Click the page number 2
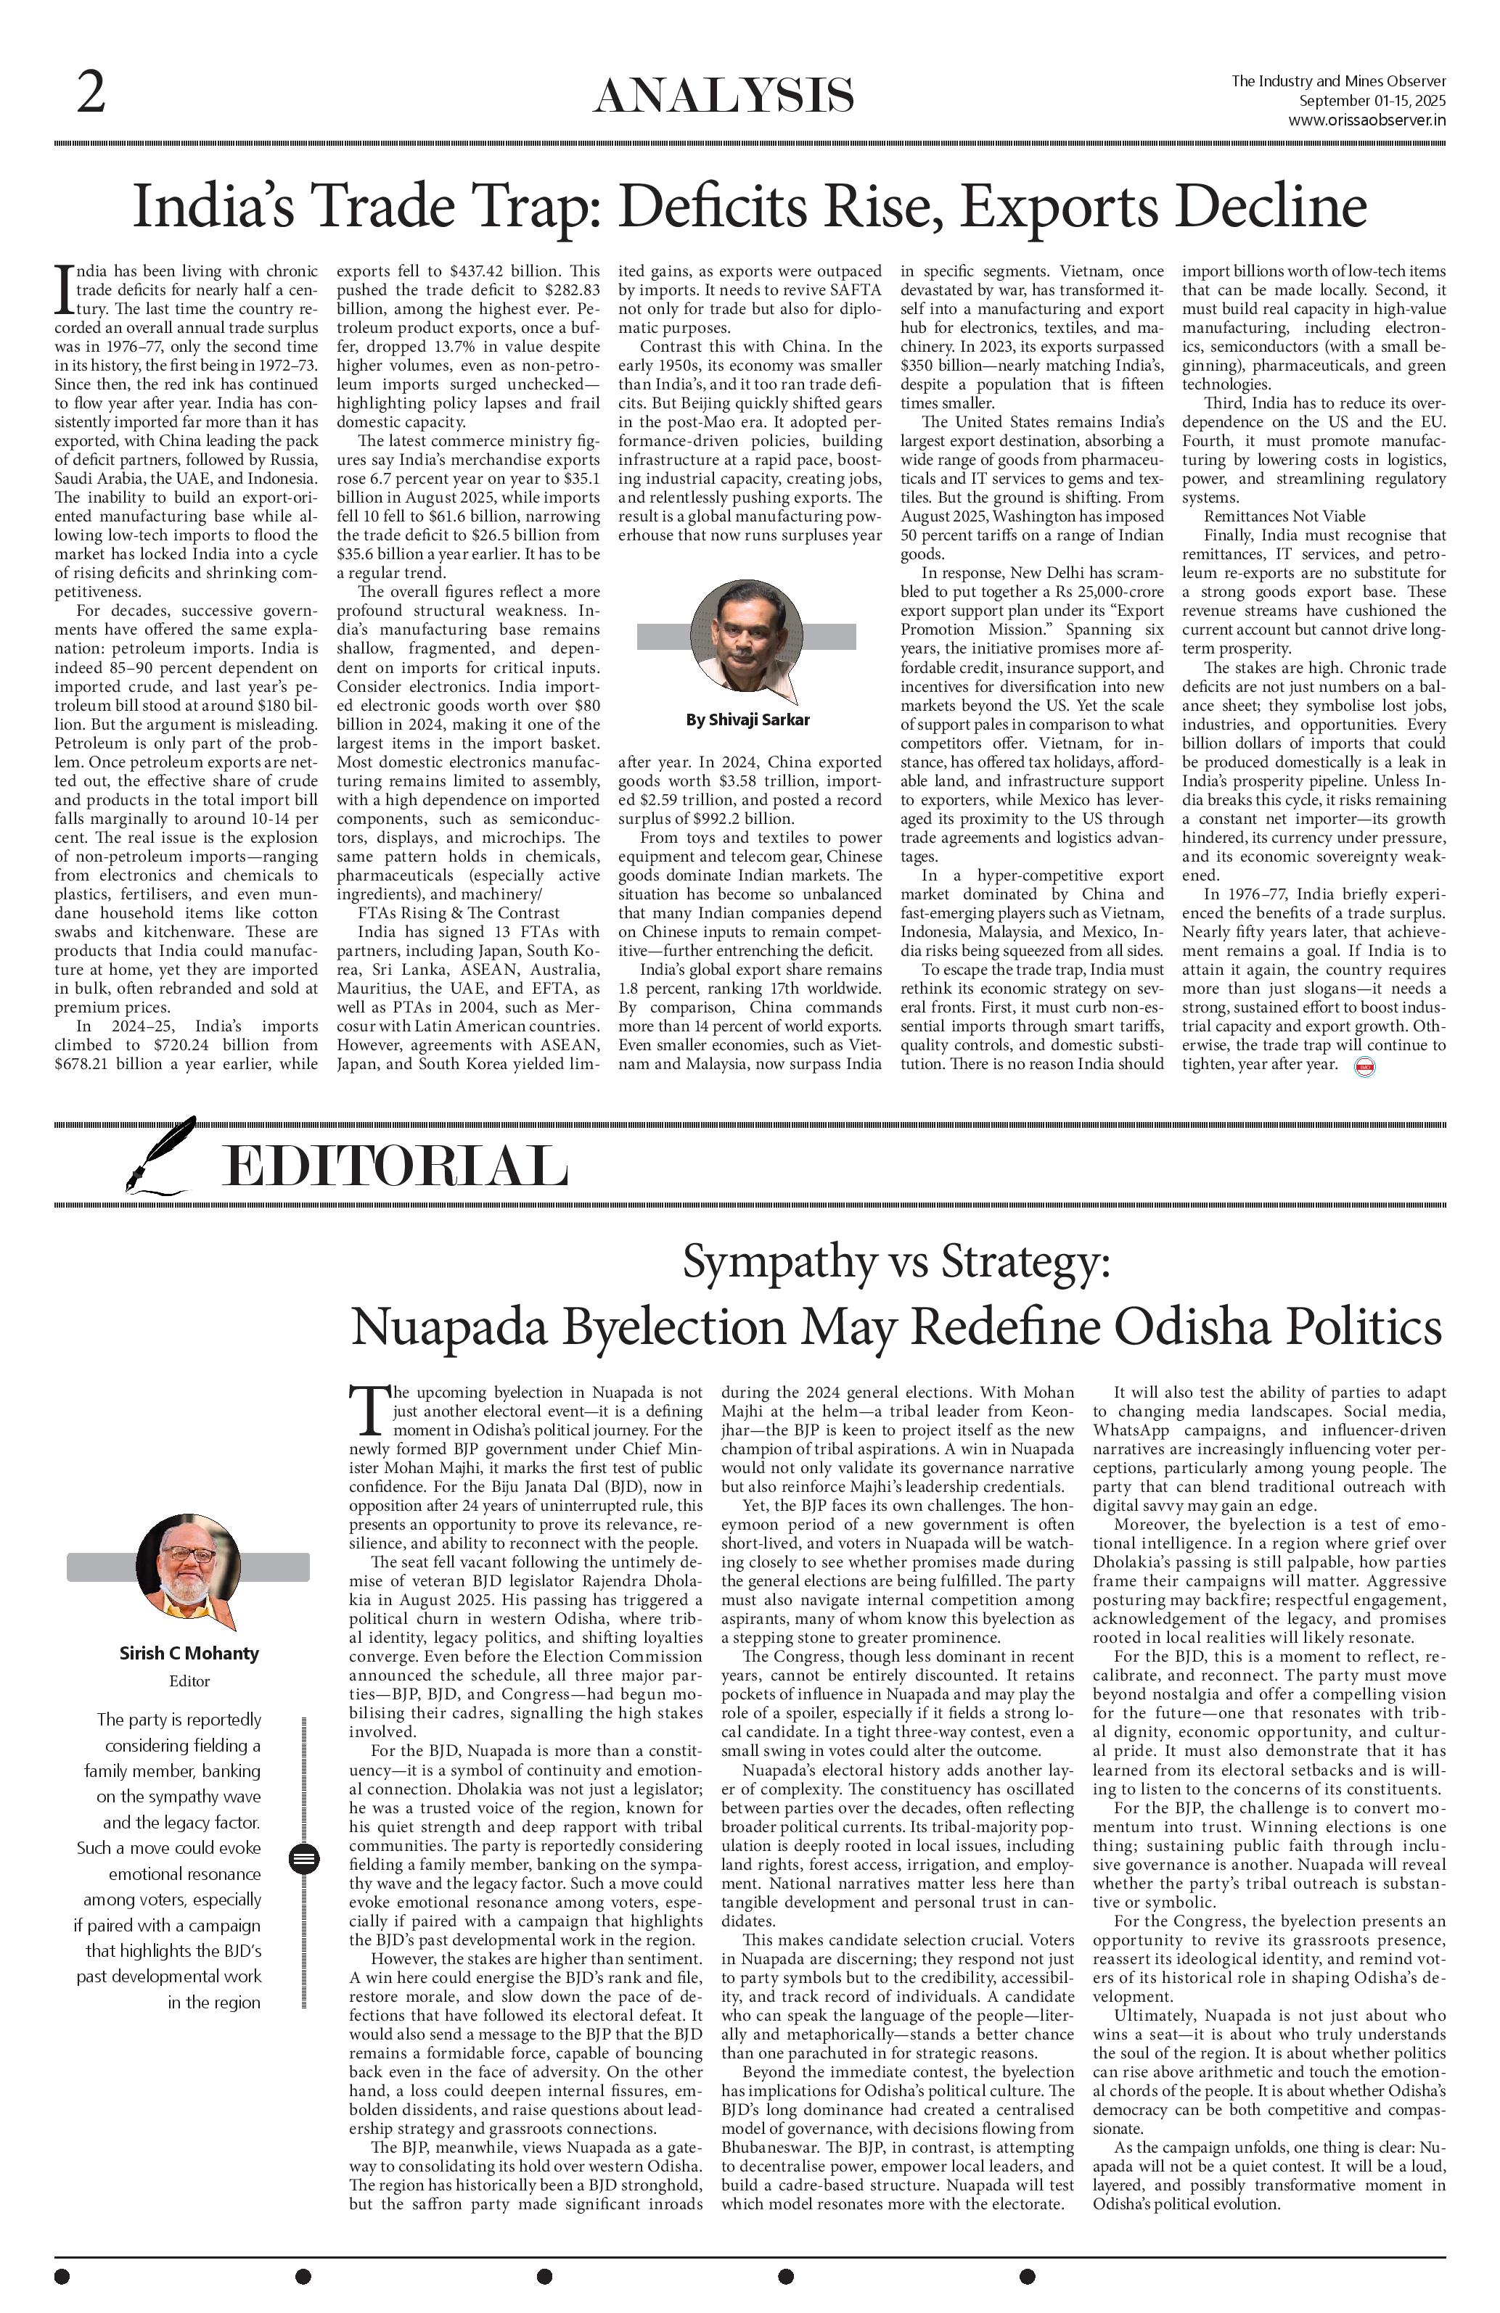[91, 94]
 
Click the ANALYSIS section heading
[724, 96]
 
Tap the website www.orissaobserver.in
[1366, 120]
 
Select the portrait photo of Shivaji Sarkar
[747, 635]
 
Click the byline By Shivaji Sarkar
[747, 720]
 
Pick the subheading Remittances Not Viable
[1284, 516]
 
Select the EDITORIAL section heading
[395, 1166]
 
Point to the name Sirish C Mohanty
[189, 1653]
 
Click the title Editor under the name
[189, 1681]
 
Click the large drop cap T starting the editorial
[367, 1410]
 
